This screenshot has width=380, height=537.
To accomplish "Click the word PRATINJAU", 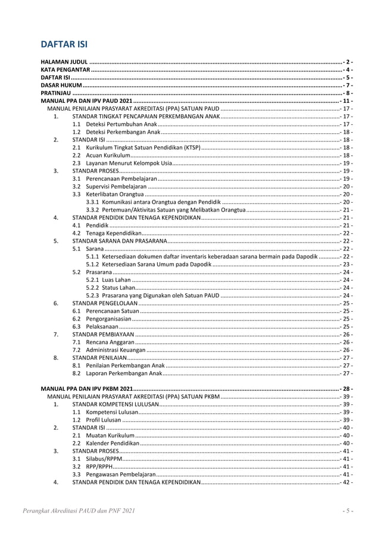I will [55, 93].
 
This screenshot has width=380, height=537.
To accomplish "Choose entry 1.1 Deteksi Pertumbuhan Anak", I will [114, 124].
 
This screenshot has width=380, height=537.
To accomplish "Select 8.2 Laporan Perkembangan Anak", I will [117, 373].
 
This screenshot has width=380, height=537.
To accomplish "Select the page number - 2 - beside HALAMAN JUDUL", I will [348, 62].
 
